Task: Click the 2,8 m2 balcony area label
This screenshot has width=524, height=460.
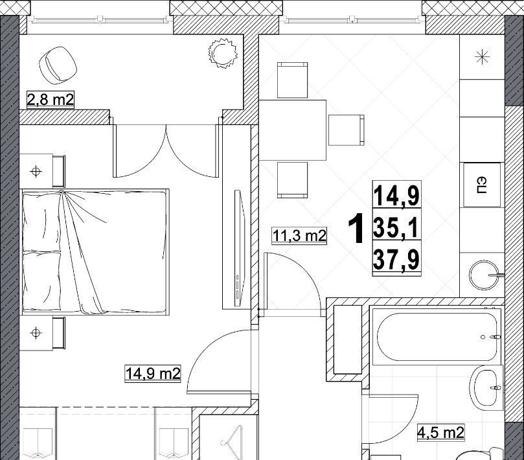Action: [x=50, y=100]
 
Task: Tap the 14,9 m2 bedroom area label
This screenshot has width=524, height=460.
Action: [x=153, y=373]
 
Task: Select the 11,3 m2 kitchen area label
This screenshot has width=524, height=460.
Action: [x=299, y=235]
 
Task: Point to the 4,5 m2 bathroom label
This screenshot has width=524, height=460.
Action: [x=441, y=432]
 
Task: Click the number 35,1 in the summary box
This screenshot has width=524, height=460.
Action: [x=396, y=227]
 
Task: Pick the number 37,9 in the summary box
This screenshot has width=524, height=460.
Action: [x=396, y=259]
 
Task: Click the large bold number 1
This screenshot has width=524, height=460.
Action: [x=356, y=229]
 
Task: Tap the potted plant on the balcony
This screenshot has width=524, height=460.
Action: [x=223, y=53]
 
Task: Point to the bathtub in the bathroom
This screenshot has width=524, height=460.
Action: [x=437, y=337]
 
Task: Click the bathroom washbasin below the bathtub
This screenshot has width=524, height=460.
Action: [x=486, y=390]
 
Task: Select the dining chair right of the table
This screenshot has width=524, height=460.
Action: [x=347, y=130]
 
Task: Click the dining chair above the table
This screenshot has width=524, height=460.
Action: [x=292, y=80]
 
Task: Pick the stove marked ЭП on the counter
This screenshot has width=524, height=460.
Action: [x=482, y=185]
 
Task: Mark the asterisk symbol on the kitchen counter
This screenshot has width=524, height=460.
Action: [x=483, y=57]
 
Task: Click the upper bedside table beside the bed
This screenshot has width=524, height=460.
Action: [x=42, y=171]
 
